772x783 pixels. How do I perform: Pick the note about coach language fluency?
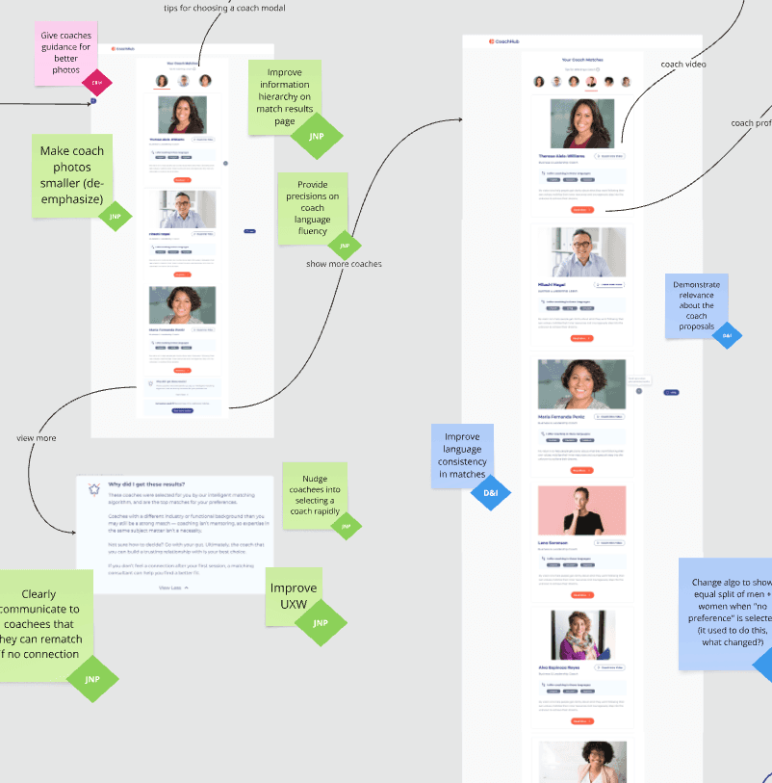coord(313,205)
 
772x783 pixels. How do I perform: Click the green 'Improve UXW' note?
coord(293,596)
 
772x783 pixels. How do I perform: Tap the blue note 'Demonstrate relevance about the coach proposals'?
coord(696,305)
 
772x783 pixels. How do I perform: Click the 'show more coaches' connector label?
coord(344,264)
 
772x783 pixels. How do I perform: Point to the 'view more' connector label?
coord(37,437)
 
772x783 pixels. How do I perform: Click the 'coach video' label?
coord(683,65)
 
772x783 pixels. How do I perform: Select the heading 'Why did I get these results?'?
coord(147,484)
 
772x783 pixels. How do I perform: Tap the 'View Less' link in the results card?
coord(173,587)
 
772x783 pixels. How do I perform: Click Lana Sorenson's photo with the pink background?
coord(581,510)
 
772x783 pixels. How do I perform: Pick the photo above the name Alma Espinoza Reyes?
coord(581,634)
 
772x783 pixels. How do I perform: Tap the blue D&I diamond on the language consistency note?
coord(485,492)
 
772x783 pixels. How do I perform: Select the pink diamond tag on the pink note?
coord(96,84)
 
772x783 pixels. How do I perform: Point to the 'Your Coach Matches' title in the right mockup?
coord(581,60)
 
